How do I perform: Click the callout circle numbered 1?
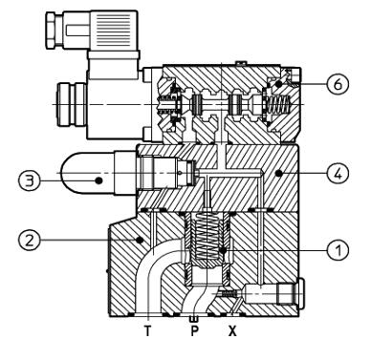click(x=338, y=250)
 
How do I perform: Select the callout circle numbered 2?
click(x=30, y=240)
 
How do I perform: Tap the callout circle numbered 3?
click(x=30, y=180)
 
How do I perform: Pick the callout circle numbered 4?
click(x=338, y=174)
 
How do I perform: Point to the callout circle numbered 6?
click(x=338, y=84)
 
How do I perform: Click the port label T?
click(x=147, y=331)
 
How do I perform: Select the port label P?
click(x=194, y=331)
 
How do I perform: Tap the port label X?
click(x=232, y=331)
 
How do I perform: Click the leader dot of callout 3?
click(x=98, y=180)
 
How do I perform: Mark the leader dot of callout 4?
click(x=279, y=174)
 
